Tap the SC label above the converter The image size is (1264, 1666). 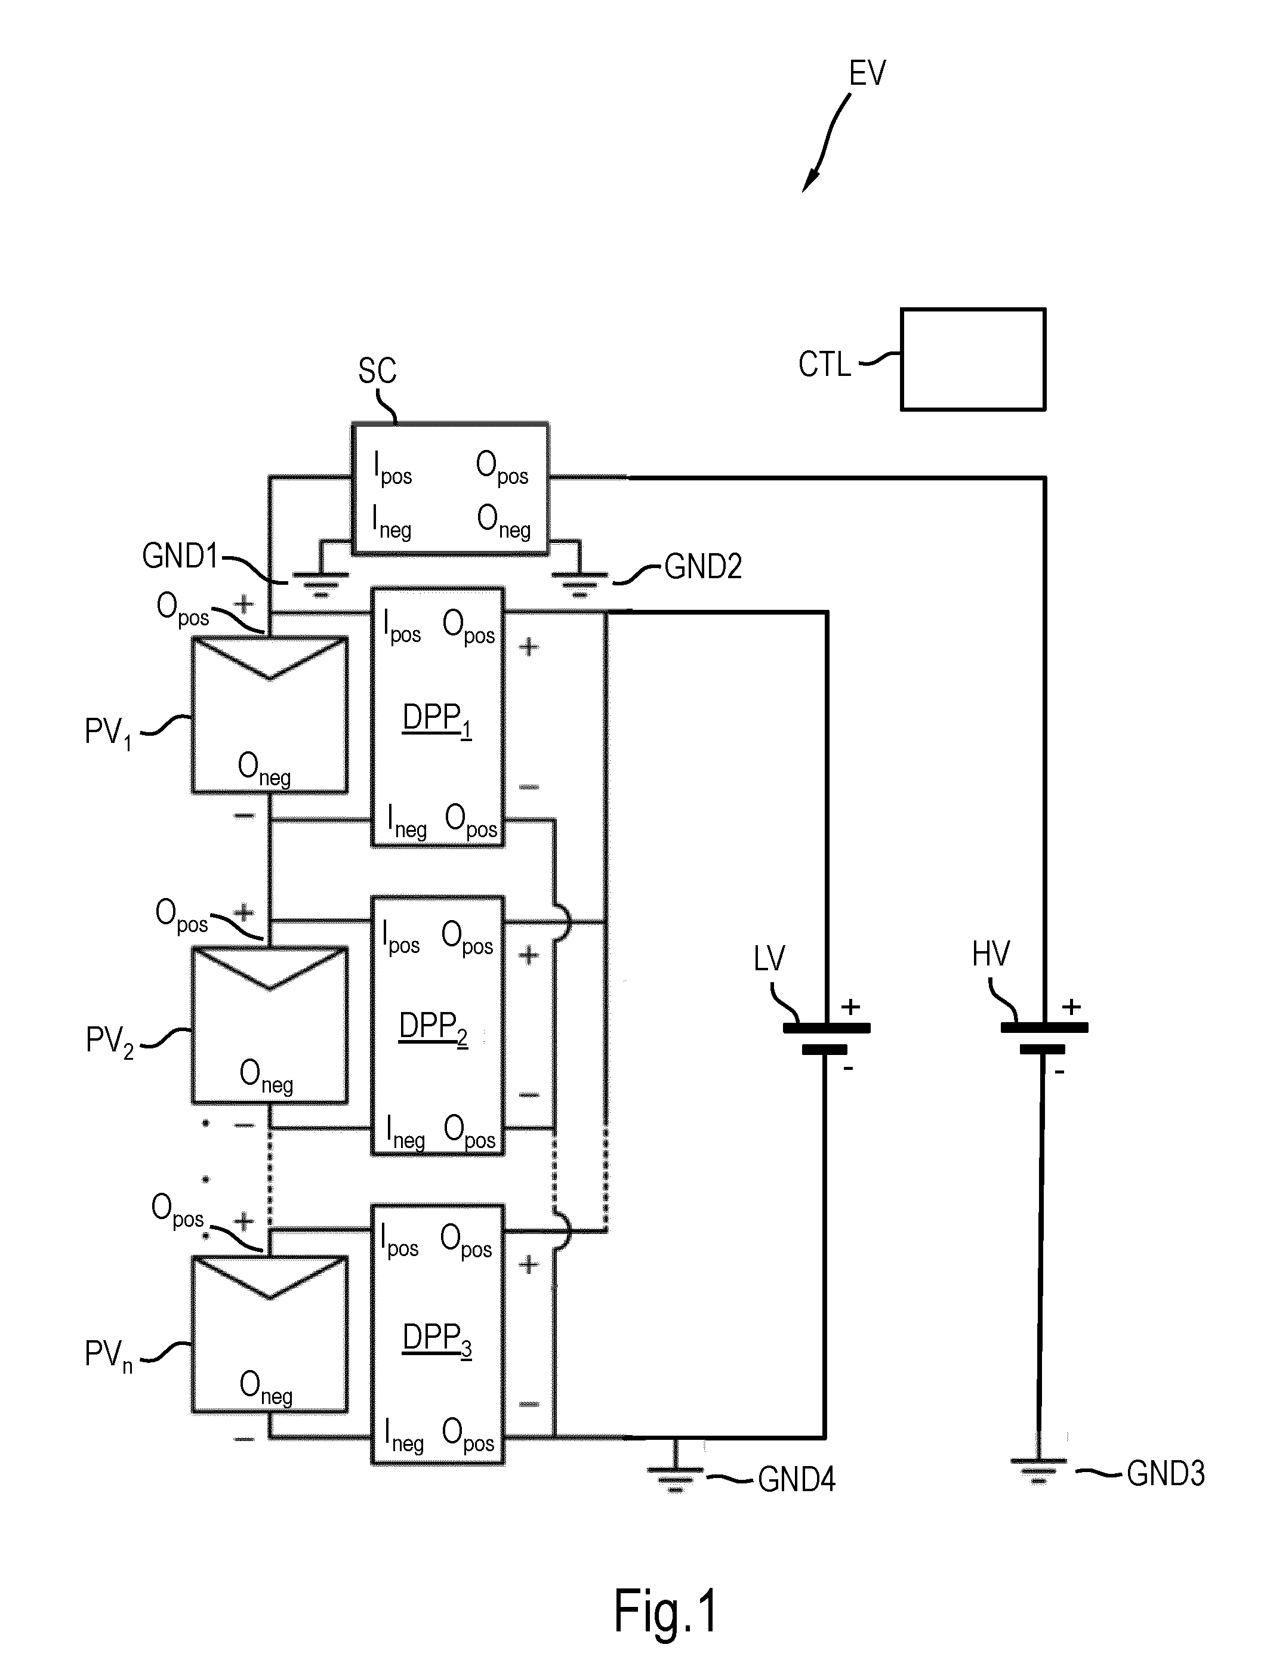pos(377,371)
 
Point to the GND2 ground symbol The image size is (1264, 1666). pos(579,584)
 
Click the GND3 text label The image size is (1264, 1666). pos(1166,1473)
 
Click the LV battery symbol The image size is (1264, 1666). pos(827,1038)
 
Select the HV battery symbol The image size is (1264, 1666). pos(1044,1038)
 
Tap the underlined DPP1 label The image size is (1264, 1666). pos(437,719)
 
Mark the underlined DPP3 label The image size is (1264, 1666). pos(437,1340)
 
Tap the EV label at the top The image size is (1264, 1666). pos(867,73)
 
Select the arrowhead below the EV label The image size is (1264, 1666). pos(809,181)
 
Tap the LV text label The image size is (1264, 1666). pos(769,959)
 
